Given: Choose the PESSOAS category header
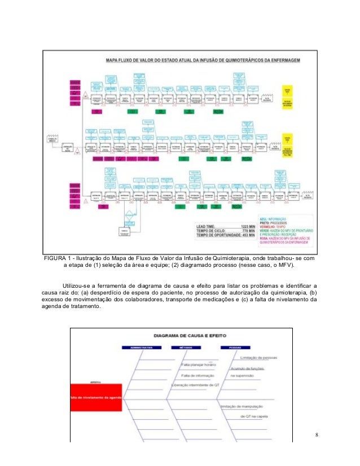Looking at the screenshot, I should (236, 348).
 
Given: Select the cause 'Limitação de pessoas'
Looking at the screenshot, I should (260, 358).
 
